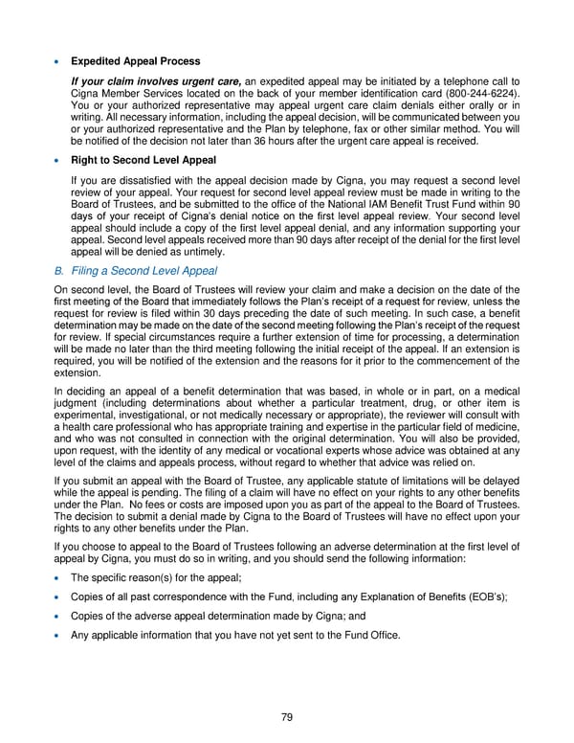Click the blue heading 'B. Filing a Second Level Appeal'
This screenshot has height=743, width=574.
coord(135,271)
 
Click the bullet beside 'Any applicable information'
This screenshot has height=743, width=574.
coord(58,636)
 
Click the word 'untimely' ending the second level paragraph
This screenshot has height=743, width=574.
coord(197,252)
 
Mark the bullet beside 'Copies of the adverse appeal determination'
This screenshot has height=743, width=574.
coord(58,617)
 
